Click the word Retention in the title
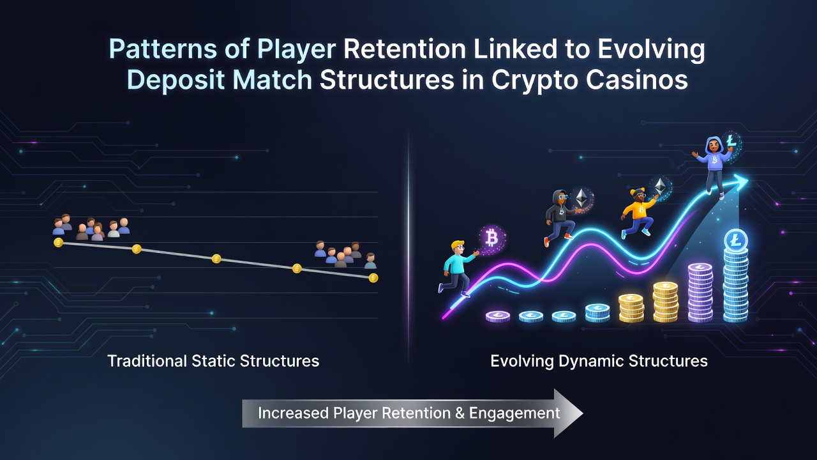(x=405, y=49)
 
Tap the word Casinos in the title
(x=637, y=80)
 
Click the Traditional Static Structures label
(x=213, y=361)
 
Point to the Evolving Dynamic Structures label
(x=599, y=362)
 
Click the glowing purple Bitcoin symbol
(x=491, y=239)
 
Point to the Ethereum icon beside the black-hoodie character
(x=581, y=199)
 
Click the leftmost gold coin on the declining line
(x=58, y=242)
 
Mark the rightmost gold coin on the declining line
(x=373, y=278)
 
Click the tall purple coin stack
(x=700, y=293)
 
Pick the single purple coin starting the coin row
(x=498, y=316)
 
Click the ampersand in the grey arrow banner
(x=460, y=413)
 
